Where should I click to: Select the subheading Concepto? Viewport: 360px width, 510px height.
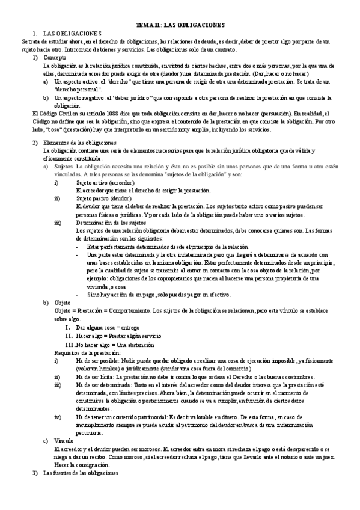[x=55, y=57]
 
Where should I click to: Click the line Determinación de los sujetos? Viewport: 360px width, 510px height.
[x=114, y=222]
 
